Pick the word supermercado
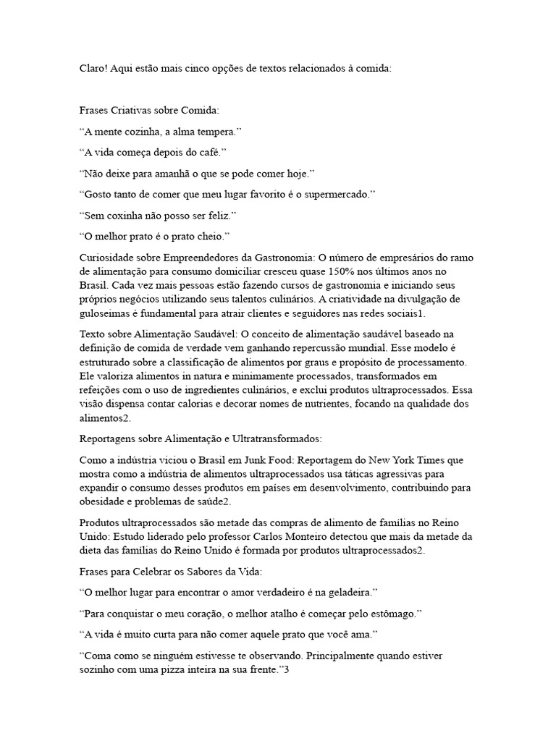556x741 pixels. tap(336, 195)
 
